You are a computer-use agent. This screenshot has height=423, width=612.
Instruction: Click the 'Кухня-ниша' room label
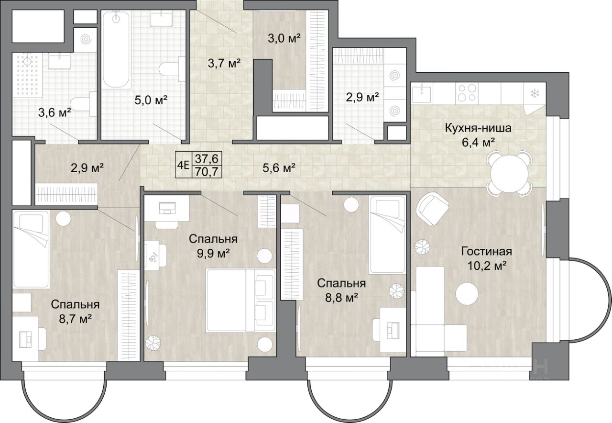[x=478, y=128]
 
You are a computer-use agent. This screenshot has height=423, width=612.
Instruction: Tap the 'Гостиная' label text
[x=487, y=251]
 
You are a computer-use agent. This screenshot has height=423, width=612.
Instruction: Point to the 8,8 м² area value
[x=341, y=297]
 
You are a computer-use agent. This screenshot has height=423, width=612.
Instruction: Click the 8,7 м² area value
[x=75, y=318]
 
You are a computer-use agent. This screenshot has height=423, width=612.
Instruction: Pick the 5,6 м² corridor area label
[x=279, y=168]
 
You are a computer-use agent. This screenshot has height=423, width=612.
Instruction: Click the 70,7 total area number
[x=207, y=172]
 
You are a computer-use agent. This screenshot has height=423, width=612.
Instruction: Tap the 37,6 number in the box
[x=207, y=158]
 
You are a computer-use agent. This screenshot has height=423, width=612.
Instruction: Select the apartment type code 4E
[x=183, y=165]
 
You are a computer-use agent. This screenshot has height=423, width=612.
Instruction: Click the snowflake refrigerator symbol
[x=534, y=93]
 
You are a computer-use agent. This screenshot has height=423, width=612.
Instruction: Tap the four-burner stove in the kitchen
[x=467, y=93]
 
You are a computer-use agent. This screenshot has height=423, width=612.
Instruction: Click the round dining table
[x=509, y=173]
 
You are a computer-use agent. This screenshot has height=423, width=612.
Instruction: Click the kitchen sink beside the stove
[x=422, y=93]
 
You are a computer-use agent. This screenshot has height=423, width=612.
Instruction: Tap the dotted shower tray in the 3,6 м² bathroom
[x=27, y=75]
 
